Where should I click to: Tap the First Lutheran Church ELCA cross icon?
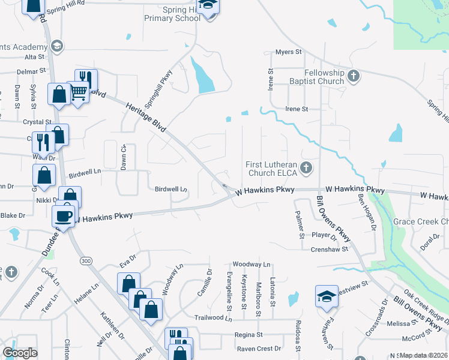click(306, 167)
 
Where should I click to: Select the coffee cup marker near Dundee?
click(65, 215)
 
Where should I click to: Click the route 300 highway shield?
click(86, 260)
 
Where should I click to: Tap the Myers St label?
click(288, 52)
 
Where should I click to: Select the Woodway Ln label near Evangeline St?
click(252, 264)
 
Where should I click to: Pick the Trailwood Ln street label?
click(212, 317)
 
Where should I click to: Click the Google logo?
click(20, 353)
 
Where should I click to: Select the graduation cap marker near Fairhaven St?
click(327, 296)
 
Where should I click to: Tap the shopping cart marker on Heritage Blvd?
click(78, 92)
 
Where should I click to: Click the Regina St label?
click(249, 334)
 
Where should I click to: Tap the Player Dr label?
click(322, 235)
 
